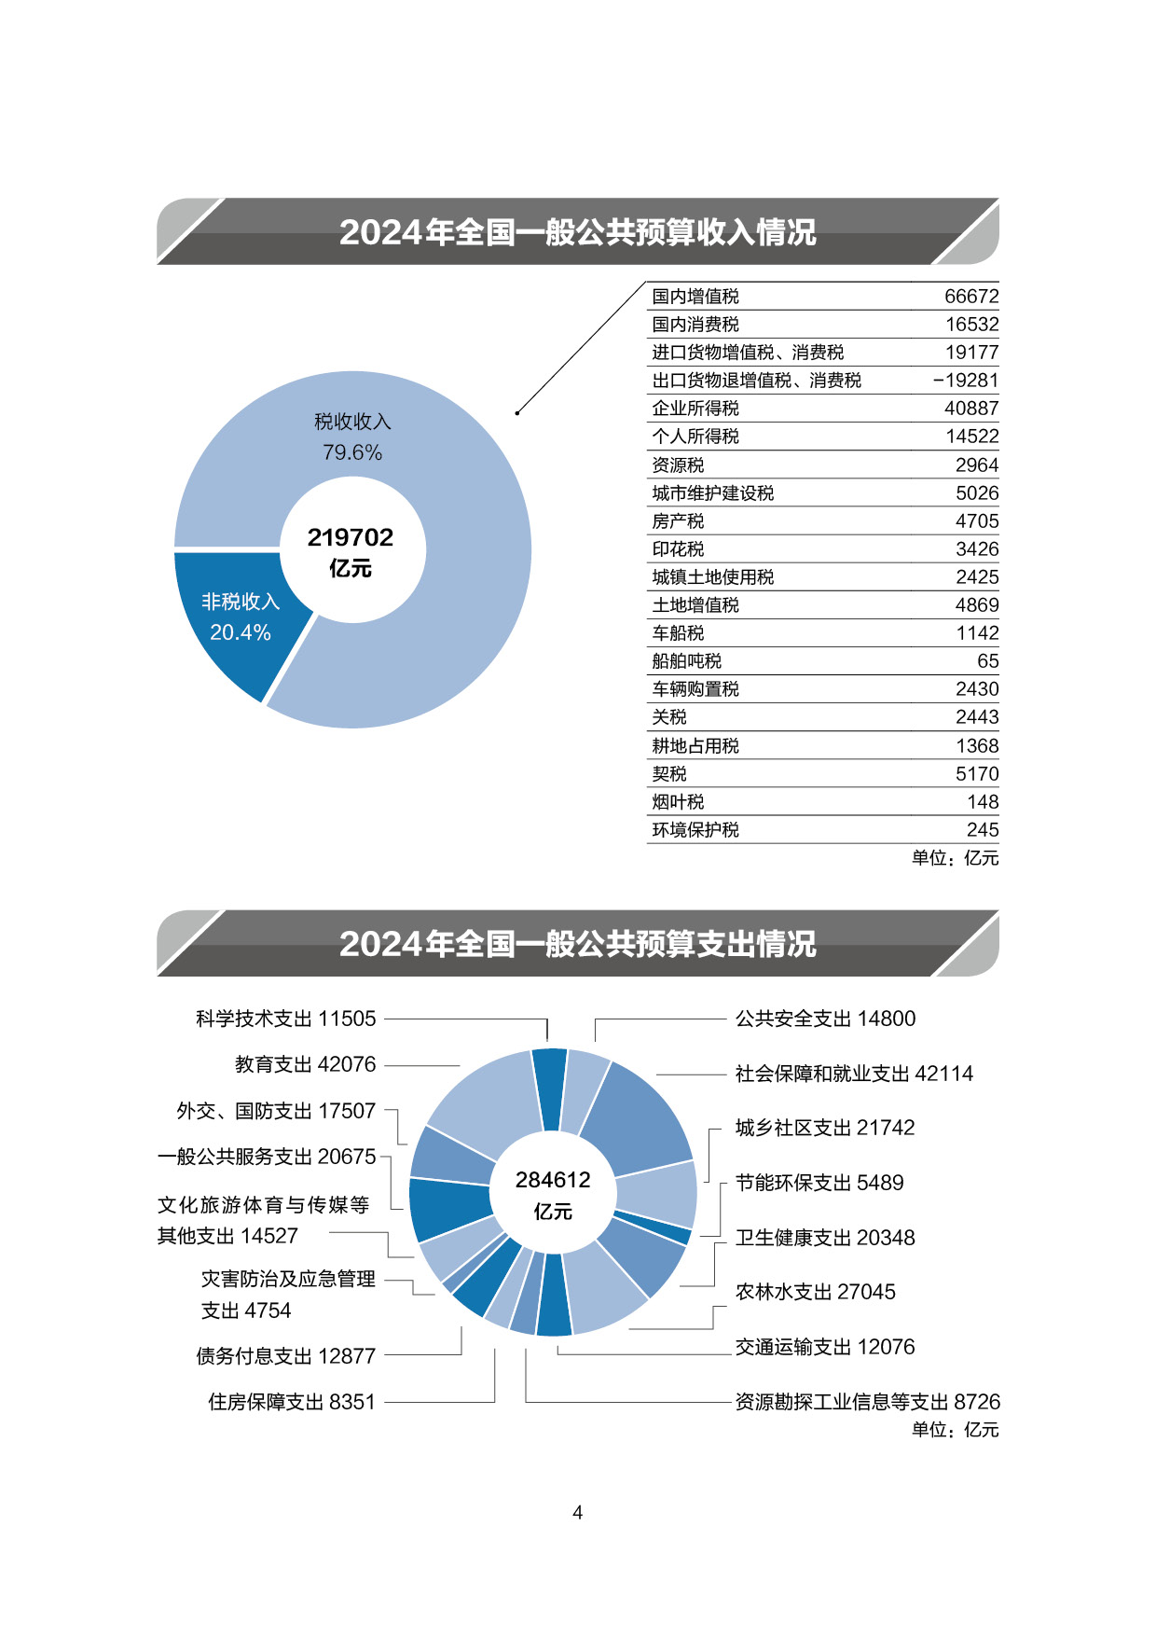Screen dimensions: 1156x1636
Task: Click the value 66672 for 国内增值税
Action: pos(971,297)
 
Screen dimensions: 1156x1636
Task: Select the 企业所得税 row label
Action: pos(695,409)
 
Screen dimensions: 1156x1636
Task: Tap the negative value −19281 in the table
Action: pos(966,381)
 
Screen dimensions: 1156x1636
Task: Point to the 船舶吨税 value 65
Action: pos(988,661)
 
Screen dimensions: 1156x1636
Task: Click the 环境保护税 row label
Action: pos(695,830)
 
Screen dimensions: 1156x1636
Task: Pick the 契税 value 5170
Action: pos(977,774)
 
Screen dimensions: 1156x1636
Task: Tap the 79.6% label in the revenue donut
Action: pos(352,452)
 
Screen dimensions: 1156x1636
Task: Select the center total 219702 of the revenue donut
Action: pos(351,537)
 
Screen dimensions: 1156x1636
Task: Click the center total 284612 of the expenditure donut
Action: pos(553,1180)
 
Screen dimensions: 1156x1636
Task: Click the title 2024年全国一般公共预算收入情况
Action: pos(578,232)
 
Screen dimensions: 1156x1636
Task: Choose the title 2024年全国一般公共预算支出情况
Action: pos(578,944)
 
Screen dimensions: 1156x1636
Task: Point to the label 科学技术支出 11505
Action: pos(286,1019)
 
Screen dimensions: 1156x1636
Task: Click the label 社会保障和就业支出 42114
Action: pos(854,1074)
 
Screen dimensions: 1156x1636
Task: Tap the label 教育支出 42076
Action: pos(306,1064)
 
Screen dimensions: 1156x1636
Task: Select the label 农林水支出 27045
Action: pos(816,1292)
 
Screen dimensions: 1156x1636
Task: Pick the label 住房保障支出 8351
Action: pos(292,1402)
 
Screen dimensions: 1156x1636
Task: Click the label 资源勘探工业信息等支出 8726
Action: pos(868,1402)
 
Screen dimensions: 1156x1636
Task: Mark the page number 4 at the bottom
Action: pos(578,1513)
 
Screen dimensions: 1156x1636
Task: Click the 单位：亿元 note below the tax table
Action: pos(956,858)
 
